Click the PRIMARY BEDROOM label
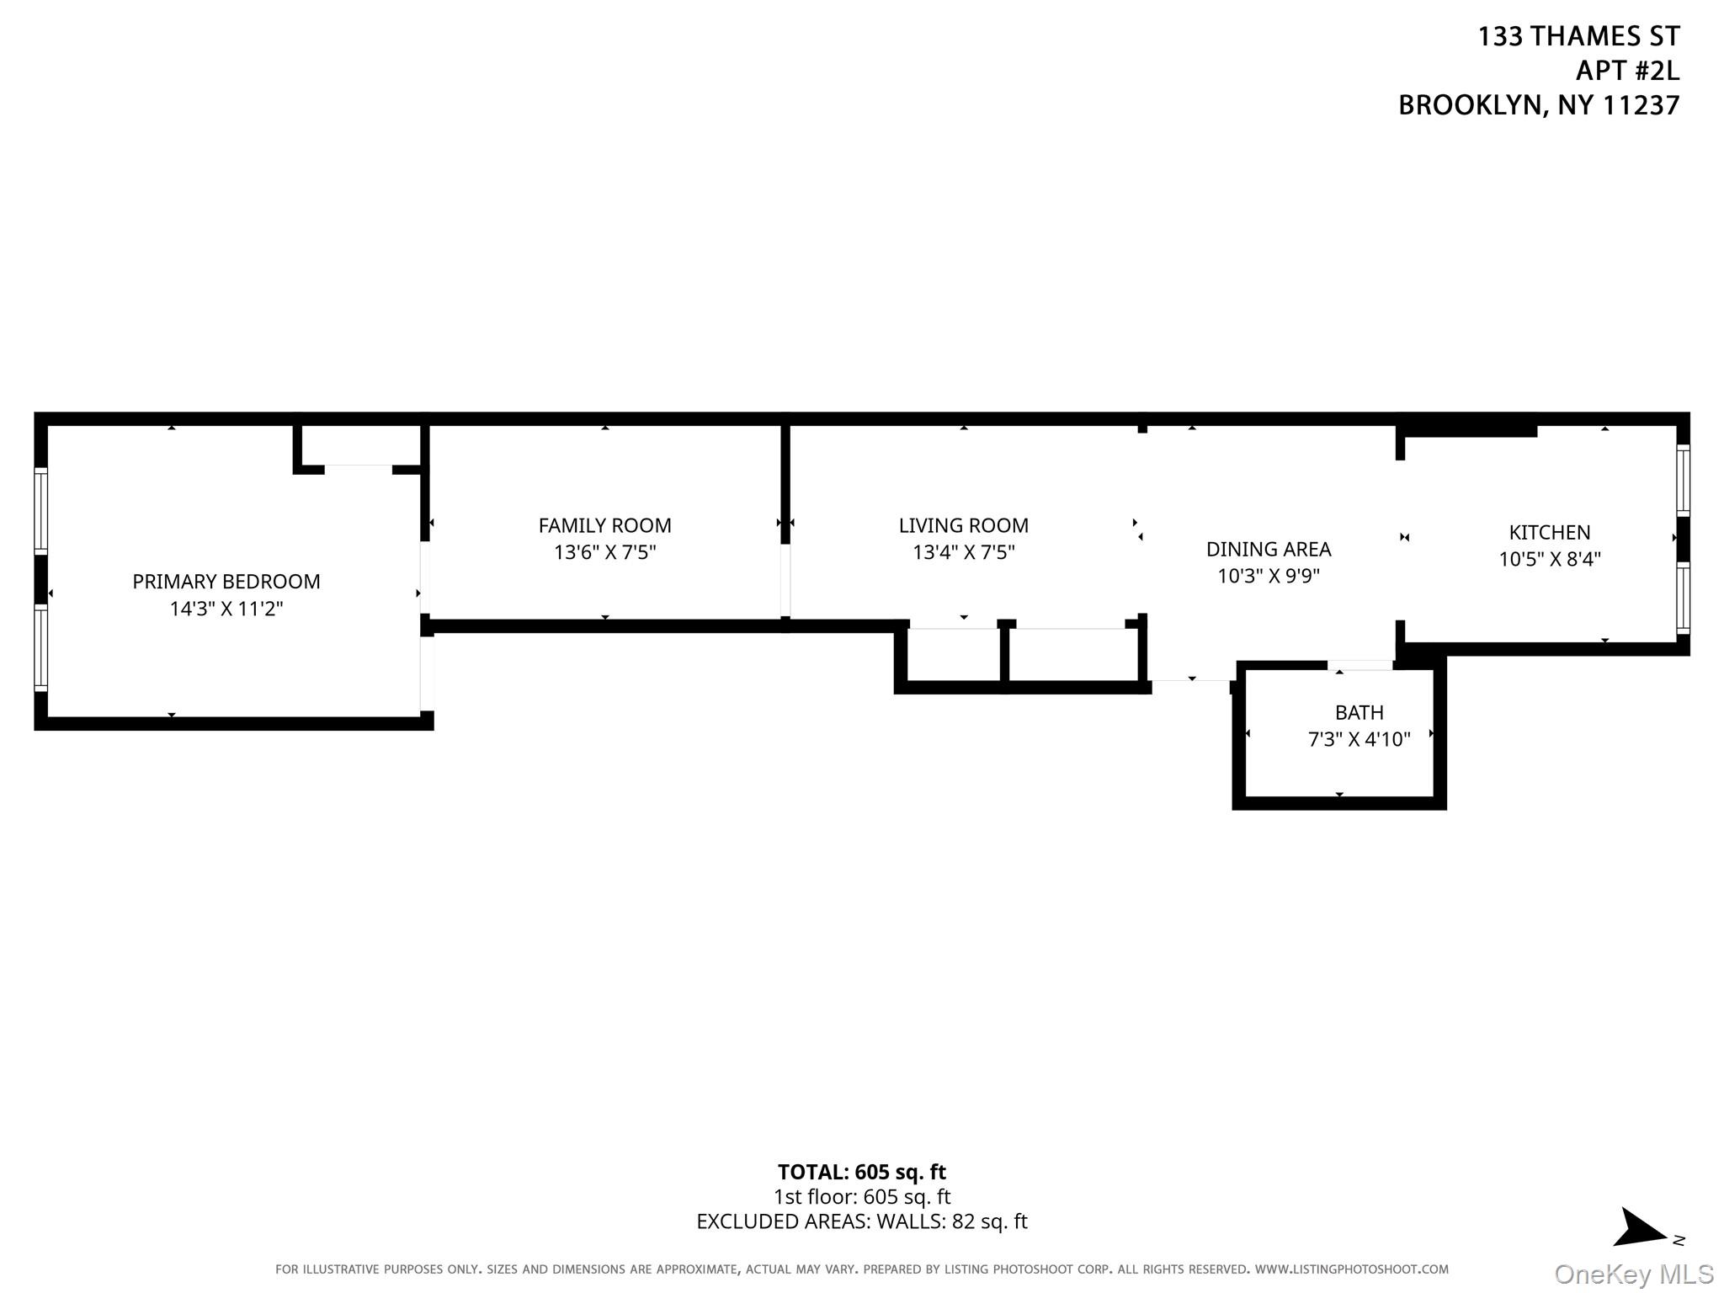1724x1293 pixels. [226, 582]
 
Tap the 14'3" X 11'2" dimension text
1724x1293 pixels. [226, 609]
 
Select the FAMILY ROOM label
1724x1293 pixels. [604, 526]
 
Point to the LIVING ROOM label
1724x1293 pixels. [963, 526]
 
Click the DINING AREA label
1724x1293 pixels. [1268, 550]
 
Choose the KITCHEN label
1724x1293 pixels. [1549, 533]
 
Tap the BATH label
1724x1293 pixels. [1359, 713]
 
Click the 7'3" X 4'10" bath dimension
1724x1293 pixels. [1359, 739]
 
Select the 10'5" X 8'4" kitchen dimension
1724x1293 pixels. [1549, 559]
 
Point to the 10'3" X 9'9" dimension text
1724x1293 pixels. [1268, 576]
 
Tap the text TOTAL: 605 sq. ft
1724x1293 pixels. [861, 1172]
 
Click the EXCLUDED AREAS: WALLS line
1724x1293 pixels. [861, 1221]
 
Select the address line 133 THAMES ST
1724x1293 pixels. [1578, 36]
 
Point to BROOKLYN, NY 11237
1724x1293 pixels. [1538, 105]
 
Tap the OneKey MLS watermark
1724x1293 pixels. [1633, 1274]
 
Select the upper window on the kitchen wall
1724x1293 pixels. [1682, 480]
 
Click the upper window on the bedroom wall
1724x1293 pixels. [40, 510]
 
